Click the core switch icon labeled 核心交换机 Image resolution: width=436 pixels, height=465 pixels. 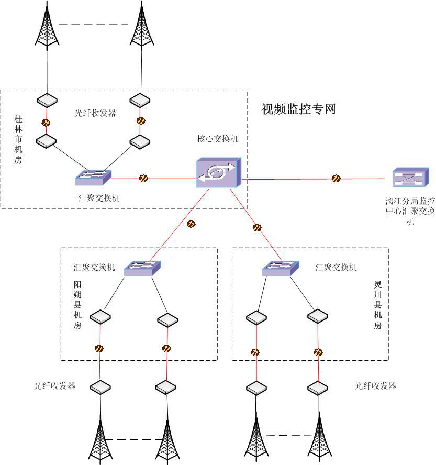click(x=219, y=172)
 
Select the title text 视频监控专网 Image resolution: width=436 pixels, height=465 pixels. click(x=298, y=109)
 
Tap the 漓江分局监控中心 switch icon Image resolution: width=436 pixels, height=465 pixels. click(x=411, y=178)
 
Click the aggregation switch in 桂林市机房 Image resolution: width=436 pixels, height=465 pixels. click(x=93, y=178)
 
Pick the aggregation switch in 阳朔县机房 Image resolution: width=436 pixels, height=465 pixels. click(x=142, y=268)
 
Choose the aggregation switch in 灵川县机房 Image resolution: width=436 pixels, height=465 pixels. click(x=281, y=268)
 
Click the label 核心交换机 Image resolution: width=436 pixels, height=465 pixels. click(x=217, y=139)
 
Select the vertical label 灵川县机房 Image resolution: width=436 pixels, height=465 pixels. click(x=377, y=306)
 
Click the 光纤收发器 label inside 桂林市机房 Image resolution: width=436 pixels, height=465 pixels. click(x=95, y=113)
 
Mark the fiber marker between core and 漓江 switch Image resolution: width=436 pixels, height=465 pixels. click(x=336, y=179)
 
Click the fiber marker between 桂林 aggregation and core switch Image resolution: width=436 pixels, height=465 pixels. click(x=143, y=179)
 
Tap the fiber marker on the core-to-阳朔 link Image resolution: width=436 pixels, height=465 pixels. click(x=191, y=224)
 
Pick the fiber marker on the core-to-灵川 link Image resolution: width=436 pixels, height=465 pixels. click(x=257, y=228)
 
